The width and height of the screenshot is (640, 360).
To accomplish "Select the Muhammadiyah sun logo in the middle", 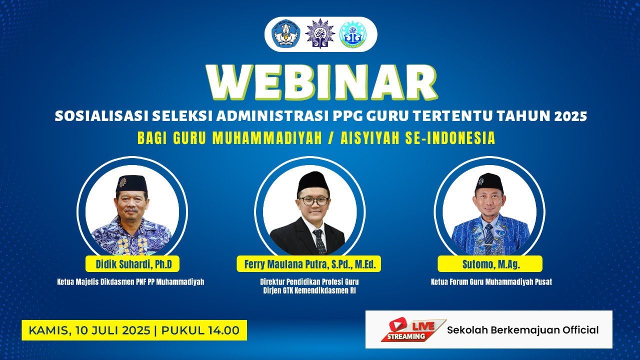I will [320, 34].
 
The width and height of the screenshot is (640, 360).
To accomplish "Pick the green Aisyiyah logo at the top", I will [353, 34].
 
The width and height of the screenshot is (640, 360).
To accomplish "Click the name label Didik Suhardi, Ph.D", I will [133, 263].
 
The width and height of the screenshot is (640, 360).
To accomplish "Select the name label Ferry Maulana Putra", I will [308, 263].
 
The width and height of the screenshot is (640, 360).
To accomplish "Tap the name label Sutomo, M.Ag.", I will [489, 263].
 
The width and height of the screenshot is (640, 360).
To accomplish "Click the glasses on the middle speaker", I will [314, 201].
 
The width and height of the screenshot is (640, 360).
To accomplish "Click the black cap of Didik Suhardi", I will [131, 183].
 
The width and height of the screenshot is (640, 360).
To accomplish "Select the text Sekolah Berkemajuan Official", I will [522, 330].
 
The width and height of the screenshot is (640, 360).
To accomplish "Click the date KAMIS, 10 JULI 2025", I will [89, 330].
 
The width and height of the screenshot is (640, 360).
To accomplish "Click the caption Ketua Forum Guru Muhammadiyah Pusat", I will [491, 282].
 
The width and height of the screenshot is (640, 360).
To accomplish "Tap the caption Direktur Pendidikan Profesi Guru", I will [308, 281].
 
